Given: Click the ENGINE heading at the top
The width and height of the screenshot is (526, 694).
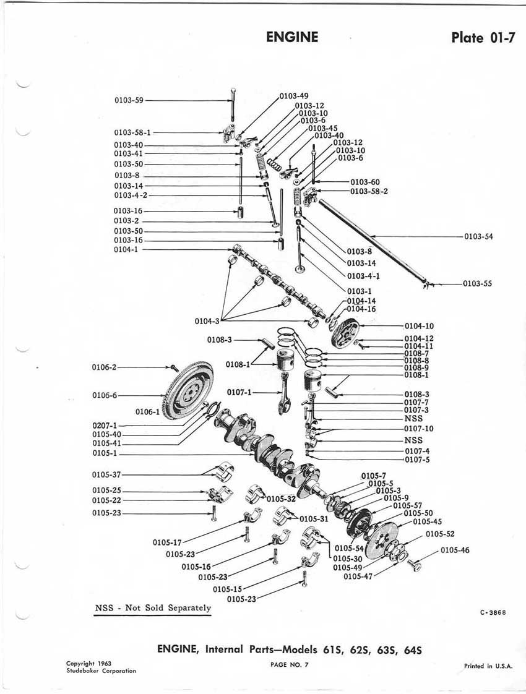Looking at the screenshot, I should [292, 37].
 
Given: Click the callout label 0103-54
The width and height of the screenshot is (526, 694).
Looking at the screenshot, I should [478, 236].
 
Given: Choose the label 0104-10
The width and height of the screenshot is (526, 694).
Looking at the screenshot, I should [419, 325].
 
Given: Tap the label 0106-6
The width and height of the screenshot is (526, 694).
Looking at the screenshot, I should [103, 395].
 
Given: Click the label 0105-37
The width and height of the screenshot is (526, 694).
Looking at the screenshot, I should [107, 474].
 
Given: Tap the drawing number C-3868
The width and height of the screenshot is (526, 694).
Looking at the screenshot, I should [493, 612].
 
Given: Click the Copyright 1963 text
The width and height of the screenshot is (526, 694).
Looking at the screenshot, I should [89, 663].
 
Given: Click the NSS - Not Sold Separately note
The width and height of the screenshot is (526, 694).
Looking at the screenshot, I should [153, 607].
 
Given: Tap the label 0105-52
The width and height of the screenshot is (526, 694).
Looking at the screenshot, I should [440, 534].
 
